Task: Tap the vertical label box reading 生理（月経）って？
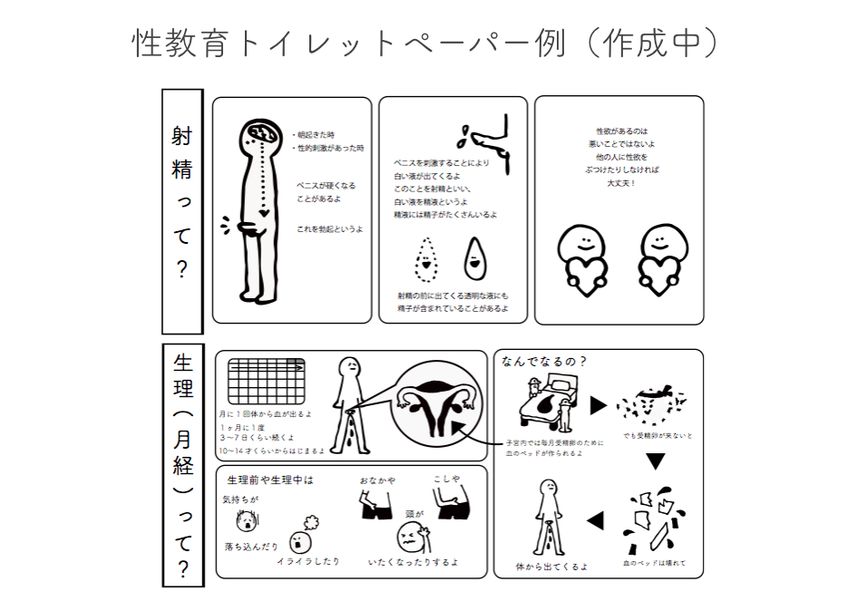[181, 462]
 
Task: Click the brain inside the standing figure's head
[261, 134]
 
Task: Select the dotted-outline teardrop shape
[424, 258]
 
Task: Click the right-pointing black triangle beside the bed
[598, 405]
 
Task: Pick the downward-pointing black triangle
[656, 461]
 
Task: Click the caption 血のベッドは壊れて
[654, 563]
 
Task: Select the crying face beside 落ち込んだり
[244, 522]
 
